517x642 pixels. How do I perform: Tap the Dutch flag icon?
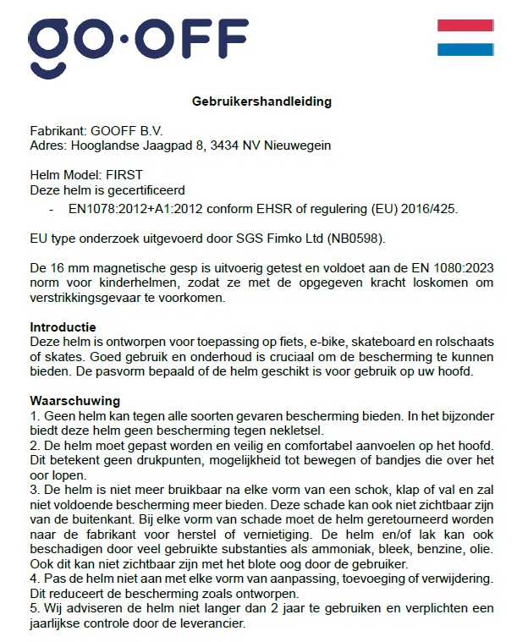coord(465,38)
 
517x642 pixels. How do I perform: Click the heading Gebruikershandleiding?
coord(261,102)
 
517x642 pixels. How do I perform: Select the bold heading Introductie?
coord(63,327)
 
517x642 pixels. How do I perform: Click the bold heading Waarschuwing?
coord(74,400)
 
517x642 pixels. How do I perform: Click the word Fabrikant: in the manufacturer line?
coord(58,131)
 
